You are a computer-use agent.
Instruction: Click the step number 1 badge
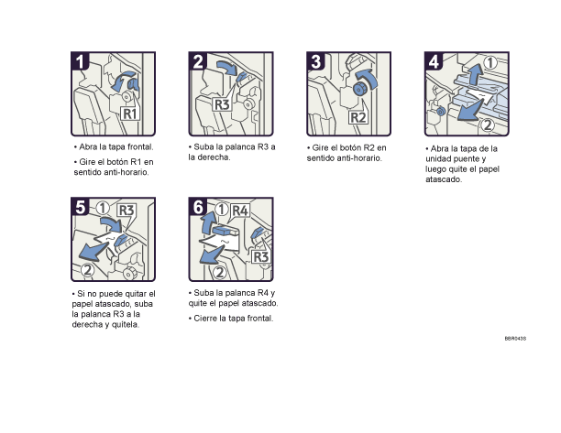[x=82, y=61]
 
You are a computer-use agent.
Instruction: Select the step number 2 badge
[x=199, y=61]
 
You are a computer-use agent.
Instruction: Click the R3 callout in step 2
[x=221, y=104]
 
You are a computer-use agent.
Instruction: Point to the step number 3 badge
[x=316, y=61]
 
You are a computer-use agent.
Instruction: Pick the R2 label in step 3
[x=358, y=118]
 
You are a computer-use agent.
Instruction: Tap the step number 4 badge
[x=434, y=61]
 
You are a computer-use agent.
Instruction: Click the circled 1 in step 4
[x=490, y=63]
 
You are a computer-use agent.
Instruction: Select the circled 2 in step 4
[x=489, y=124]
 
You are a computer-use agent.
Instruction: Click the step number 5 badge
[x=82, y=207]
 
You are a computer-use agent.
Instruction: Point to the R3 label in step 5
[x=126, y=209]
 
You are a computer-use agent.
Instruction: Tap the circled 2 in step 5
[x=88, y=269]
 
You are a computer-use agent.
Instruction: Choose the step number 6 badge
[x=199, y=207]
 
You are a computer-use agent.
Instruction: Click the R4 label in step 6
[x=239, y=210]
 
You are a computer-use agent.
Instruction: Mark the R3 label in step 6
[x=259, y=256]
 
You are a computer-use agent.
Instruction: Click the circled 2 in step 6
[x=219, y=271]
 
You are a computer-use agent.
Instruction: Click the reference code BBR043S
[x=514, y=339]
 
